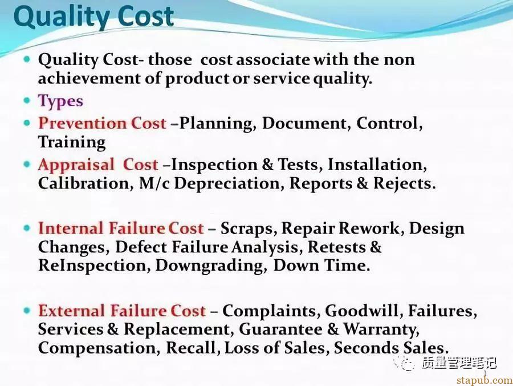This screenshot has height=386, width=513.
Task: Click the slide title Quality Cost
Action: tap(93, 18)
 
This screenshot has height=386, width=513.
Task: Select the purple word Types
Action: tap(60, 102)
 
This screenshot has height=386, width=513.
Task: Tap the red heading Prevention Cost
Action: tap(102, 123)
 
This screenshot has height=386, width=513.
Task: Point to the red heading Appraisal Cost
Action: tap(98, 165)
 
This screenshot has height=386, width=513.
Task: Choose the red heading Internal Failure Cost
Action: tap(121, 229)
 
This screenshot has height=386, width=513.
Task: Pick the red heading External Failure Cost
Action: tap(121, 311)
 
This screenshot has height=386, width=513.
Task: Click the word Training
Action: tap(72, 142)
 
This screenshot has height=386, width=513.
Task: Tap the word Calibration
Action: tap(73, 183)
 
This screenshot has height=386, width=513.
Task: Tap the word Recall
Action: tap(193, 348)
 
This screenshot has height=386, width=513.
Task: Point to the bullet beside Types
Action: tap(28, 101)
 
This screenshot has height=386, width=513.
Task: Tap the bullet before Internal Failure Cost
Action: tap(28, 228)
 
